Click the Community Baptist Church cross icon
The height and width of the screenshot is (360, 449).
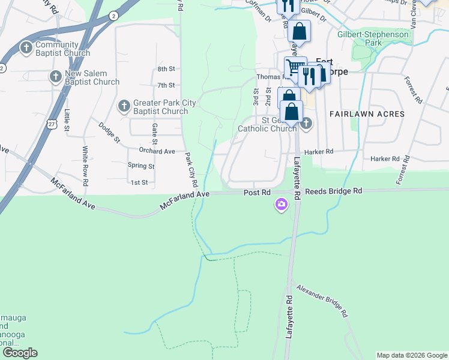pyautogui.click(x=26, y=47)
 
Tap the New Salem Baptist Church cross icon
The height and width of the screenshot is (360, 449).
pyautogui.click(x=55, y=76)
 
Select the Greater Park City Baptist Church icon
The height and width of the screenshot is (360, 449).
pyautogui.click(x=124, y=106)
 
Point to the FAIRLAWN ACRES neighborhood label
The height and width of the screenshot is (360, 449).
pyautogui.click(x=367, y=113)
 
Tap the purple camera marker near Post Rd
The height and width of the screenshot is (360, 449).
pyautogui.click(x=281, y=206)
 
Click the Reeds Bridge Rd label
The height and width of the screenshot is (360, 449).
pyautogui.click(x=334, y=190)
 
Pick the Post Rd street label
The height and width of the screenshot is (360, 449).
pyautogui.click(x=257, y=192)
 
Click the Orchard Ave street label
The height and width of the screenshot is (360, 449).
pyautogui.click(x=157, y=151)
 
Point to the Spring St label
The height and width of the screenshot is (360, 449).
pyautogui.click(x=141, y=166)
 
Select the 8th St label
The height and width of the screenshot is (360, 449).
pyautogui.click(x=166, y=70)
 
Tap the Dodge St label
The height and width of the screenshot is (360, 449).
pyautogui.click(x=109, y=132)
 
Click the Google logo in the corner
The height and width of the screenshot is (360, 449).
pyautogui.click(x=20, y=353)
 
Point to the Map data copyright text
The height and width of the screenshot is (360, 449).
pyautogui.click(x=411, y=355)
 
